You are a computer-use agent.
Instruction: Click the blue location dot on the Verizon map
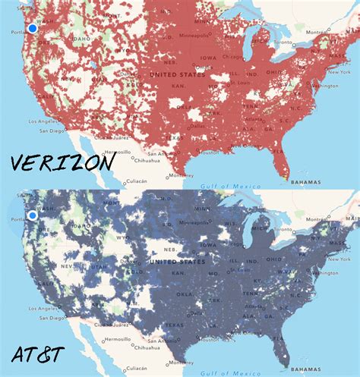32,28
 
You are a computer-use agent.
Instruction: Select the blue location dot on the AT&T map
32,215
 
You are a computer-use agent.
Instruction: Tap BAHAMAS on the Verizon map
319,182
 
